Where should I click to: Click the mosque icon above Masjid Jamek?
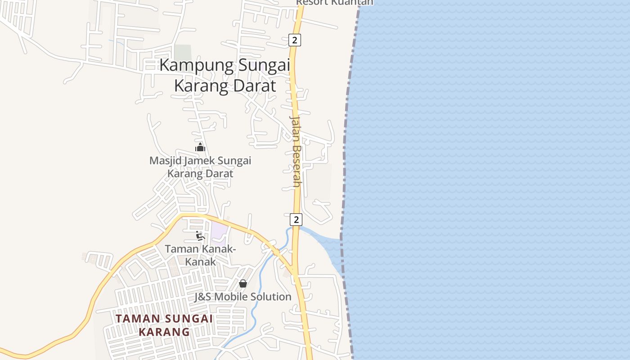[x=200, y=147]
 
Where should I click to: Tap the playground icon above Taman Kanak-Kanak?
[x=200, y=236]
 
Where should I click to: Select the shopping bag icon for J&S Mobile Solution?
[x=243, y=283]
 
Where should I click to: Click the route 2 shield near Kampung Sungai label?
[x=294, y=40]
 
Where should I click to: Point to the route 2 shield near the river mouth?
[x=296, y=220]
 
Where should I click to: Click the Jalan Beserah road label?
[x=295, y=151]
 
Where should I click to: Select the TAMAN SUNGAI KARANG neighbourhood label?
[x=164, y=325]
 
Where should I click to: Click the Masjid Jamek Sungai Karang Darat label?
[x=200, y=167]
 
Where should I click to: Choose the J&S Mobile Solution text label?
[x=243, y=297]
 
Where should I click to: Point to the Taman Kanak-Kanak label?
[x=200, y=255]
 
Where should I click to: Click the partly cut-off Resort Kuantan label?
[x=334, y=3]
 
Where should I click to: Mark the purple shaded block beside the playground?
[x=219, y=230]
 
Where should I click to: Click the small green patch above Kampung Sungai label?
[x=183, y=52]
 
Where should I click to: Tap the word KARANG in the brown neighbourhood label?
[x=164, y=332]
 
